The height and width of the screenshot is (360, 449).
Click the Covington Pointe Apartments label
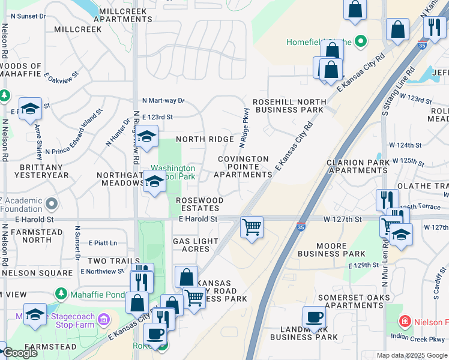coord(243,167)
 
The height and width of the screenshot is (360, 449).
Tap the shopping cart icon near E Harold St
coord(252,227)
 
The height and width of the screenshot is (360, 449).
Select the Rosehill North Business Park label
coord(288,106)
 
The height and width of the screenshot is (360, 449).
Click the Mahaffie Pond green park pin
coord(60,293)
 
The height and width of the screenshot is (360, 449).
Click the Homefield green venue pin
coord(361,41)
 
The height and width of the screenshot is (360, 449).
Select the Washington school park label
coord(172,173)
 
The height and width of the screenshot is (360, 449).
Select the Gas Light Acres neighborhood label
coord(191,245)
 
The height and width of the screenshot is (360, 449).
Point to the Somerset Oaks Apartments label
coord(353,301)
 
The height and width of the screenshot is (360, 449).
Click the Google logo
coord(20,353)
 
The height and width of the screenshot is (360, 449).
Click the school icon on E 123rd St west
coord(30,109)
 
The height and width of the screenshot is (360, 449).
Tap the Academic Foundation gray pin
coord(52,205)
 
